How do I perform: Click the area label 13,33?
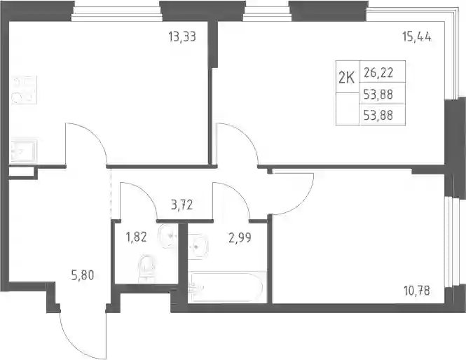tap(182, 37)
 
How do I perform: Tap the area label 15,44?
tap(417, 37)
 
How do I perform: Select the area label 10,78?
tap(417, 291)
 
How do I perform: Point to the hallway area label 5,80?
tap(83, 275)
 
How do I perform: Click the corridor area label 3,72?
tap(182, 205)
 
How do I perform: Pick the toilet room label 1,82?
tap(137, 237)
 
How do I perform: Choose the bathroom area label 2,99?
tap(240, 237)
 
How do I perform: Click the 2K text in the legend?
tap(347, 78)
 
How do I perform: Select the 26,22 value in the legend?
tap(378, 72)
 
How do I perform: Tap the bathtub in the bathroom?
tap(227, 287)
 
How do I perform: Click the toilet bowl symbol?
tap(146, 268)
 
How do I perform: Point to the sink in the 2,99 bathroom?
tap(198, 247)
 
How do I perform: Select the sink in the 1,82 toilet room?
tap(168, 236)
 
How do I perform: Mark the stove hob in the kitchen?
tap(24, 90)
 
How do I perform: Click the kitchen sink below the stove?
tap(24, 151)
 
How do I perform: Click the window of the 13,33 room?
tap(117, 13)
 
